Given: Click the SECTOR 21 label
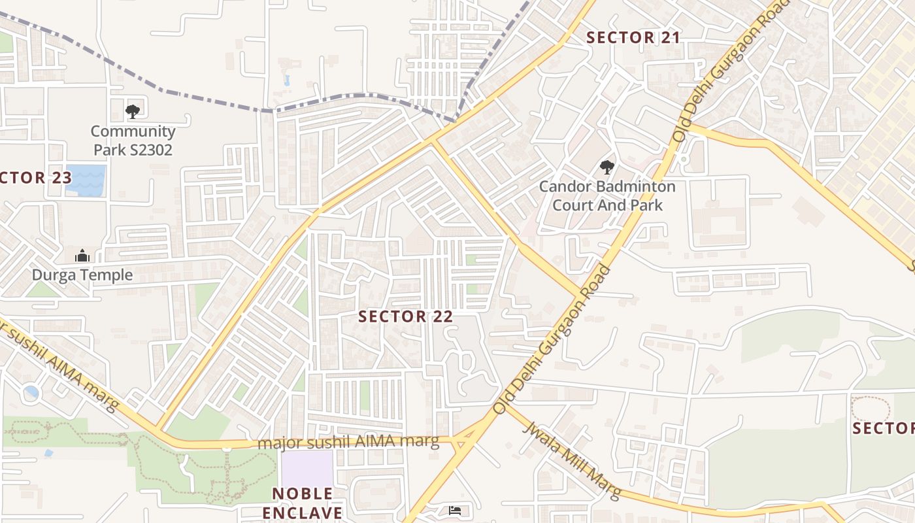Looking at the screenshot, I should click(x=633, y=38).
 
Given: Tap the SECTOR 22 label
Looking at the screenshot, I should click(x=405, y=317).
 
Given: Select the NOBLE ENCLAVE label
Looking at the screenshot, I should click(x=302, y=503).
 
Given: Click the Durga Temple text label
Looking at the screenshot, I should click(x=82, y=275).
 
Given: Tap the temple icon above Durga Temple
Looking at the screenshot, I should click(x=82, y=256).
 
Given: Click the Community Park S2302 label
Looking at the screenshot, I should click(x=133, y=141).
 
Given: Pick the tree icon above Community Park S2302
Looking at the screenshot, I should click(x=133, y=111).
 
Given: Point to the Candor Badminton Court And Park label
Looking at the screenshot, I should click(x=607, y=195).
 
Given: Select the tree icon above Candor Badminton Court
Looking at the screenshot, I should click(x=607, y=167).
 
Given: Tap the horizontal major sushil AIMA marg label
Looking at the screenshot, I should click(x=348, y=442).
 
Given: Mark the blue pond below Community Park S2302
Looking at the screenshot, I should click(x=86, y=180).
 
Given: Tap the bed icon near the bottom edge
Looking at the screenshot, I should click(x=456, y=511).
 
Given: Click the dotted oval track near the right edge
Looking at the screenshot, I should click(x=871, y=409).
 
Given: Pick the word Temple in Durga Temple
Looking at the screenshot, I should click(x=106, y=275).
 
